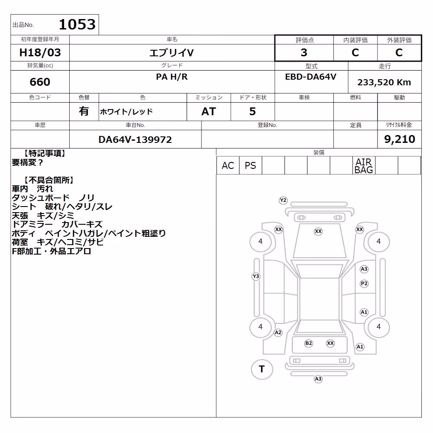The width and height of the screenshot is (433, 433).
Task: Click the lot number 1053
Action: point(78,24)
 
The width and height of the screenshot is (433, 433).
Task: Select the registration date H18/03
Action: point(40,52)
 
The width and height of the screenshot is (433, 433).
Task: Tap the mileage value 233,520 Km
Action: point(384,82)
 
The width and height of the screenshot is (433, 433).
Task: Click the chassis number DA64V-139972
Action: point(135,139)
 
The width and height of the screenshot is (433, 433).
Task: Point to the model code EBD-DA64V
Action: point(310,77)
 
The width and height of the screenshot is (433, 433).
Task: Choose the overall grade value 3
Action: point(304,52)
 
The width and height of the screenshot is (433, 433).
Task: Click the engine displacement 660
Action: point(40,82)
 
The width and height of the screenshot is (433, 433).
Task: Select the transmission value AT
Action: point(209,112)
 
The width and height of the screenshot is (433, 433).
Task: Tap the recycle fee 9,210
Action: point(400,139)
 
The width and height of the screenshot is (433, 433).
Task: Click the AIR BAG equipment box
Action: point(364,166)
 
